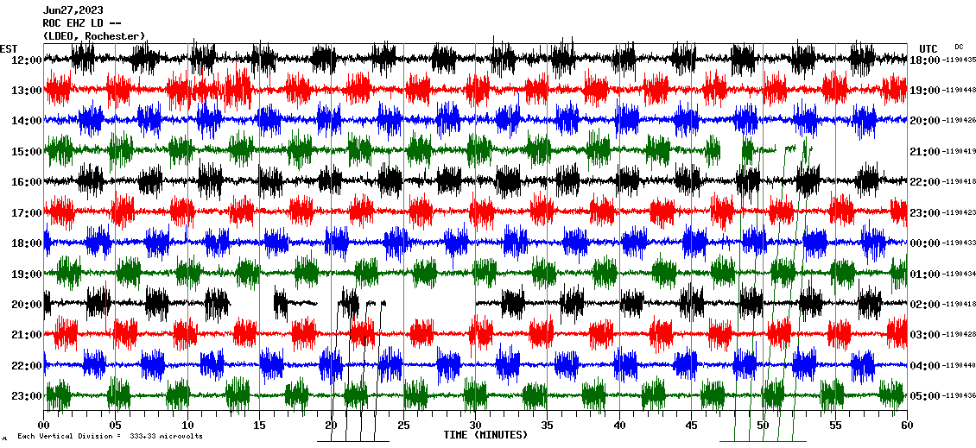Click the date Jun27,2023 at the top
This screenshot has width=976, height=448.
(73, 10)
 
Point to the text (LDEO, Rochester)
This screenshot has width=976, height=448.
(93, 35)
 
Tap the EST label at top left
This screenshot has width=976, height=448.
(10, 48)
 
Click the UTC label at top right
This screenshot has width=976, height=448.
(928, 48)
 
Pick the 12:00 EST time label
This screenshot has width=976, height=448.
(27, 60)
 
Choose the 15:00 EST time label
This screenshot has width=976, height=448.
(27, 151)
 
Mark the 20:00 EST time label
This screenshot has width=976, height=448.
(27, 304)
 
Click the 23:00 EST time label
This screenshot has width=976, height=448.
(27, 395)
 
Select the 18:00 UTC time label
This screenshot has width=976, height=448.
(924, 60)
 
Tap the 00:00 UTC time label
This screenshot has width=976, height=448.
(924, 243)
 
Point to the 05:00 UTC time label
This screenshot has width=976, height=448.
(924, 395)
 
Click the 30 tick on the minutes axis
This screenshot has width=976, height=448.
(474, 426)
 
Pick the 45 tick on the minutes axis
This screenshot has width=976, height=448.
(691, 426)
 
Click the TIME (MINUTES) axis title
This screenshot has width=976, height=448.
(485, 435)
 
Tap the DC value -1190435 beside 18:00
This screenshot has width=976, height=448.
(960, 60)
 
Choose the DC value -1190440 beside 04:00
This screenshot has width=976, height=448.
(960, 365)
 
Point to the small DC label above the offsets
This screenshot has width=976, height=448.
(959, 47)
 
